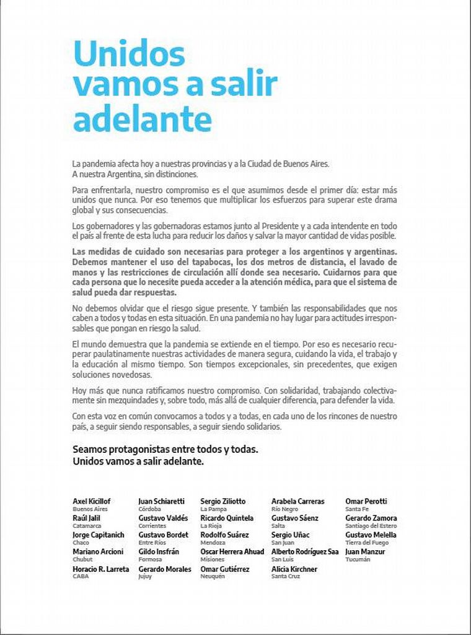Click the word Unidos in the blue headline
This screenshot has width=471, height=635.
128,55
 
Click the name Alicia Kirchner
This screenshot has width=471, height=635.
294,569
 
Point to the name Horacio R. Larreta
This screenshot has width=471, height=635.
101,569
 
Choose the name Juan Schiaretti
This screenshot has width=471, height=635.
163,501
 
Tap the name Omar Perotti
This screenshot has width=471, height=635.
366,501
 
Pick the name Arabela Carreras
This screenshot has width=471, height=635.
297,501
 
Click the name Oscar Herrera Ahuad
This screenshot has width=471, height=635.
232,551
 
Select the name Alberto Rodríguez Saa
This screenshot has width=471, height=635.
305,551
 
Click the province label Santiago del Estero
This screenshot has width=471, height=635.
371,526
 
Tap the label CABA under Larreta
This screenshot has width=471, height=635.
81,577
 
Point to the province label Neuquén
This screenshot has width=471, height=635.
213,577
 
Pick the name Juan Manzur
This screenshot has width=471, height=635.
365,551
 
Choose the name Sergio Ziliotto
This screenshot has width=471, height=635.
223,501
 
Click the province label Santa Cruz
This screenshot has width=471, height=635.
286,577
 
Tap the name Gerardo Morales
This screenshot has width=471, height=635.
165,569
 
